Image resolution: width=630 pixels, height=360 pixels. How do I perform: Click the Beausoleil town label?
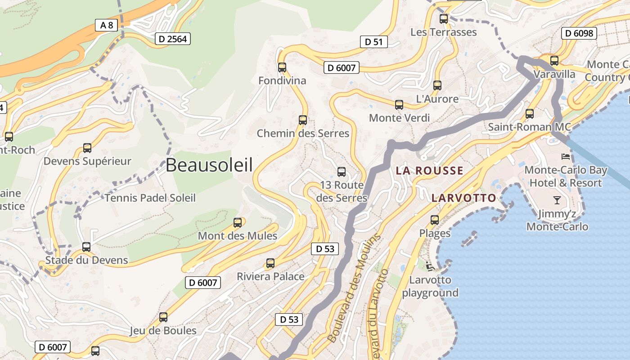pos(209,165)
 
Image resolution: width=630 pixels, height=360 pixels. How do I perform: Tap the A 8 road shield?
pos(107,25)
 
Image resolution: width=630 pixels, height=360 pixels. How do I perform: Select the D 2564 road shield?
pos(173,39)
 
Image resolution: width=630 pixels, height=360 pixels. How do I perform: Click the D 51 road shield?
pos(373,42)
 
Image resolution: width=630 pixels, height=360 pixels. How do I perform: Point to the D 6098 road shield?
pos(579,33)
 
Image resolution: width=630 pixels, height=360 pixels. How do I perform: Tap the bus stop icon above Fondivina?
pos(282,67)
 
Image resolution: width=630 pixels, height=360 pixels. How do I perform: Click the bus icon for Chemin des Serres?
pos(303,120)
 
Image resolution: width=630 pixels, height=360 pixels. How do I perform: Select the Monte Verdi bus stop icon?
pos(399,105)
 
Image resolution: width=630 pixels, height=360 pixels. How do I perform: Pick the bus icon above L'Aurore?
pos(437,85)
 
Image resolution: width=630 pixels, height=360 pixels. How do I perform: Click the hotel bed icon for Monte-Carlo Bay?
pos(566,157)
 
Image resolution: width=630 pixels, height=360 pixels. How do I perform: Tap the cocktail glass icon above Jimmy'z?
pos(557,200)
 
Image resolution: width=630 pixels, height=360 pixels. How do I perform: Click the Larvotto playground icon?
pos(430,266)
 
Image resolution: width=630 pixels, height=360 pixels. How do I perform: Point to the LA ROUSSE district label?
pos(429,171)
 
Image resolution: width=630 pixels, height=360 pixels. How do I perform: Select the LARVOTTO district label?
pos(463,198)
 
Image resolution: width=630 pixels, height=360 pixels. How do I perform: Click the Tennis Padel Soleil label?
pos(150,198)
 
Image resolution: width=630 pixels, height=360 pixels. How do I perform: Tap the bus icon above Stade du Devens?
pos(86,247)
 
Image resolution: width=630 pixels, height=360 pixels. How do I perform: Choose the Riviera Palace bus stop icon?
pos(270,263)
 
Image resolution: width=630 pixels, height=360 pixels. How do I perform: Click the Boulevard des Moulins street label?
pos(355,288)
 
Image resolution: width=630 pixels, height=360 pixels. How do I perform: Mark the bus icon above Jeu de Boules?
pos(163,317)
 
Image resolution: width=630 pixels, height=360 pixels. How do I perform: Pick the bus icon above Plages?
pos(435,220)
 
